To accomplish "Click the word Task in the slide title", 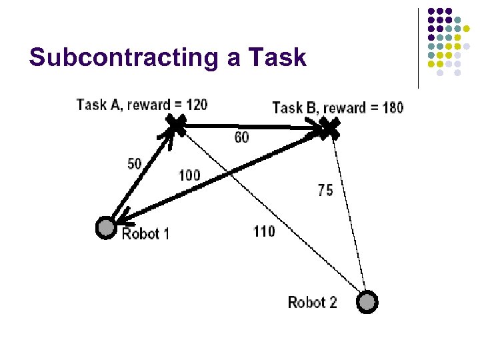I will [276, 58].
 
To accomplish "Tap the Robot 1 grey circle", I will [105, 228].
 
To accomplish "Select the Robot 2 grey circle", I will [366, 302].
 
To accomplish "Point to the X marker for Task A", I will [176, 123].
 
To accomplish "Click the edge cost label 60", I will [242, 137].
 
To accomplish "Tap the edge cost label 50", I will [134, 163].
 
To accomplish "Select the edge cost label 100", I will [189, 175].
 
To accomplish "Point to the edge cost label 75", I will [325, 190].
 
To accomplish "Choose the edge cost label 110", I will [264, 232].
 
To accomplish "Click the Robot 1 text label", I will [145, 233].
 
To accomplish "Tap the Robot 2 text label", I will [312, 302].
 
